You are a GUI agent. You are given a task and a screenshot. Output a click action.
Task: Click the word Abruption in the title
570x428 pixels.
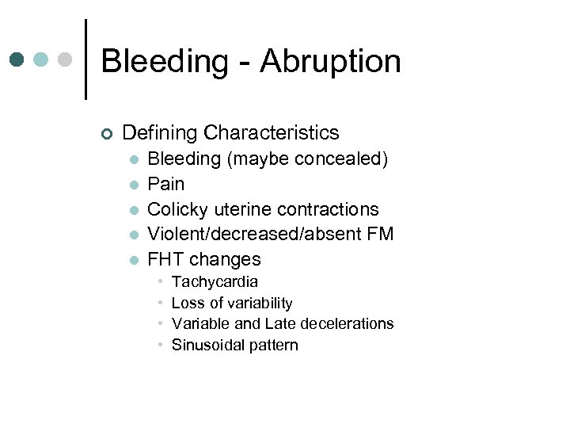click(x=330, y=62)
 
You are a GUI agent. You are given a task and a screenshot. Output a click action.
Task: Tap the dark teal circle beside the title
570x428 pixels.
click(x=18, y=59)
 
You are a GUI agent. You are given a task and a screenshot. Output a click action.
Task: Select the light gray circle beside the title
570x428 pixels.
click(x=65, y=59)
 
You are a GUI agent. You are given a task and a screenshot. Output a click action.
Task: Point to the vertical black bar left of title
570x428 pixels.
click(x=85, y=59)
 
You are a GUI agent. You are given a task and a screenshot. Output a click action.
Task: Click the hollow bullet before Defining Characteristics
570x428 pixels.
click(x=107, y=134)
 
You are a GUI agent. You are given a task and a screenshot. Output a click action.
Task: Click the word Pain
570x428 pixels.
click(x=166, y=184)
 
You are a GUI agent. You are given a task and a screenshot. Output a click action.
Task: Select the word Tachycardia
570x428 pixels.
click(x=215, y=282)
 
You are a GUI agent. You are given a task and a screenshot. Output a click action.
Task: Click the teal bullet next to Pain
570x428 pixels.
click(x=135, y=185)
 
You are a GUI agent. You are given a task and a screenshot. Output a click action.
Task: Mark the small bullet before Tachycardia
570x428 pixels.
click(x=161, y=282)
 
